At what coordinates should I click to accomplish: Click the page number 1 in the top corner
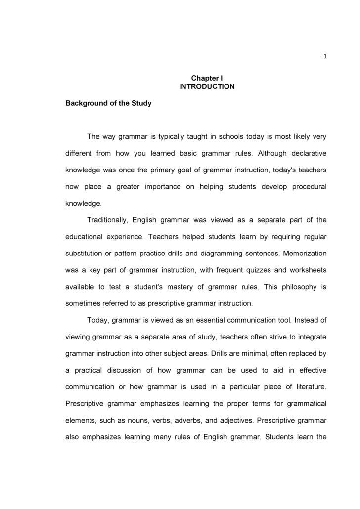pyautogui.click(x=325, y=56)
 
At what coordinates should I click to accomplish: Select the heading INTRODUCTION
pyautogui.click(x=207, y=87)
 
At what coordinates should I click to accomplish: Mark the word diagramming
pyautogui.click(x=222, y=254)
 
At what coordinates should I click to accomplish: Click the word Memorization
pyautogui.click(x=304, y=254)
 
